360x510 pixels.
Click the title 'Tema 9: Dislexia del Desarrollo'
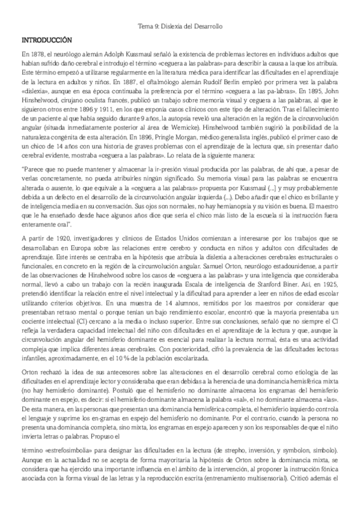180,27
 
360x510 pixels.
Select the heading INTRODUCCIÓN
47,40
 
